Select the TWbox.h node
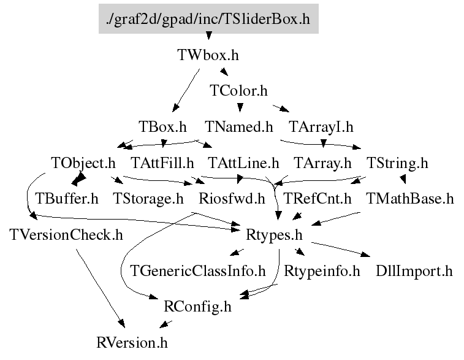pos(208,55)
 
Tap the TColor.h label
pos(239,91)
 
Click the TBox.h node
pos(162,127)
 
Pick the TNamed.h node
pos(239,127)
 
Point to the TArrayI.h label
pos(321,127)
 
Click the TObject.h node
pos(83,163)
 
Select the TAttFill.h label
pos(162,163)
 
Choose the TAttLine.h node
pos(244,163)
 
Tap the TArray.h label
pos(322,163)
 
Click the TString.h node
pos(397,163)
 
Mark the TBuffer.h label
pos(67,199)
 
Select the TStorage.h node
pos(148,199)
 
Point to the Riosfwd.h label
pos(232,199)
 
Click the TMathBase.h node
pos(409,199)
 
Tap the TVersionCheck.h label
pos(66,234)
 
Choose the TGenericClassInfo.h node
pos(198,270)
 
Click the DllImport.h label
pos(414,270)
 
